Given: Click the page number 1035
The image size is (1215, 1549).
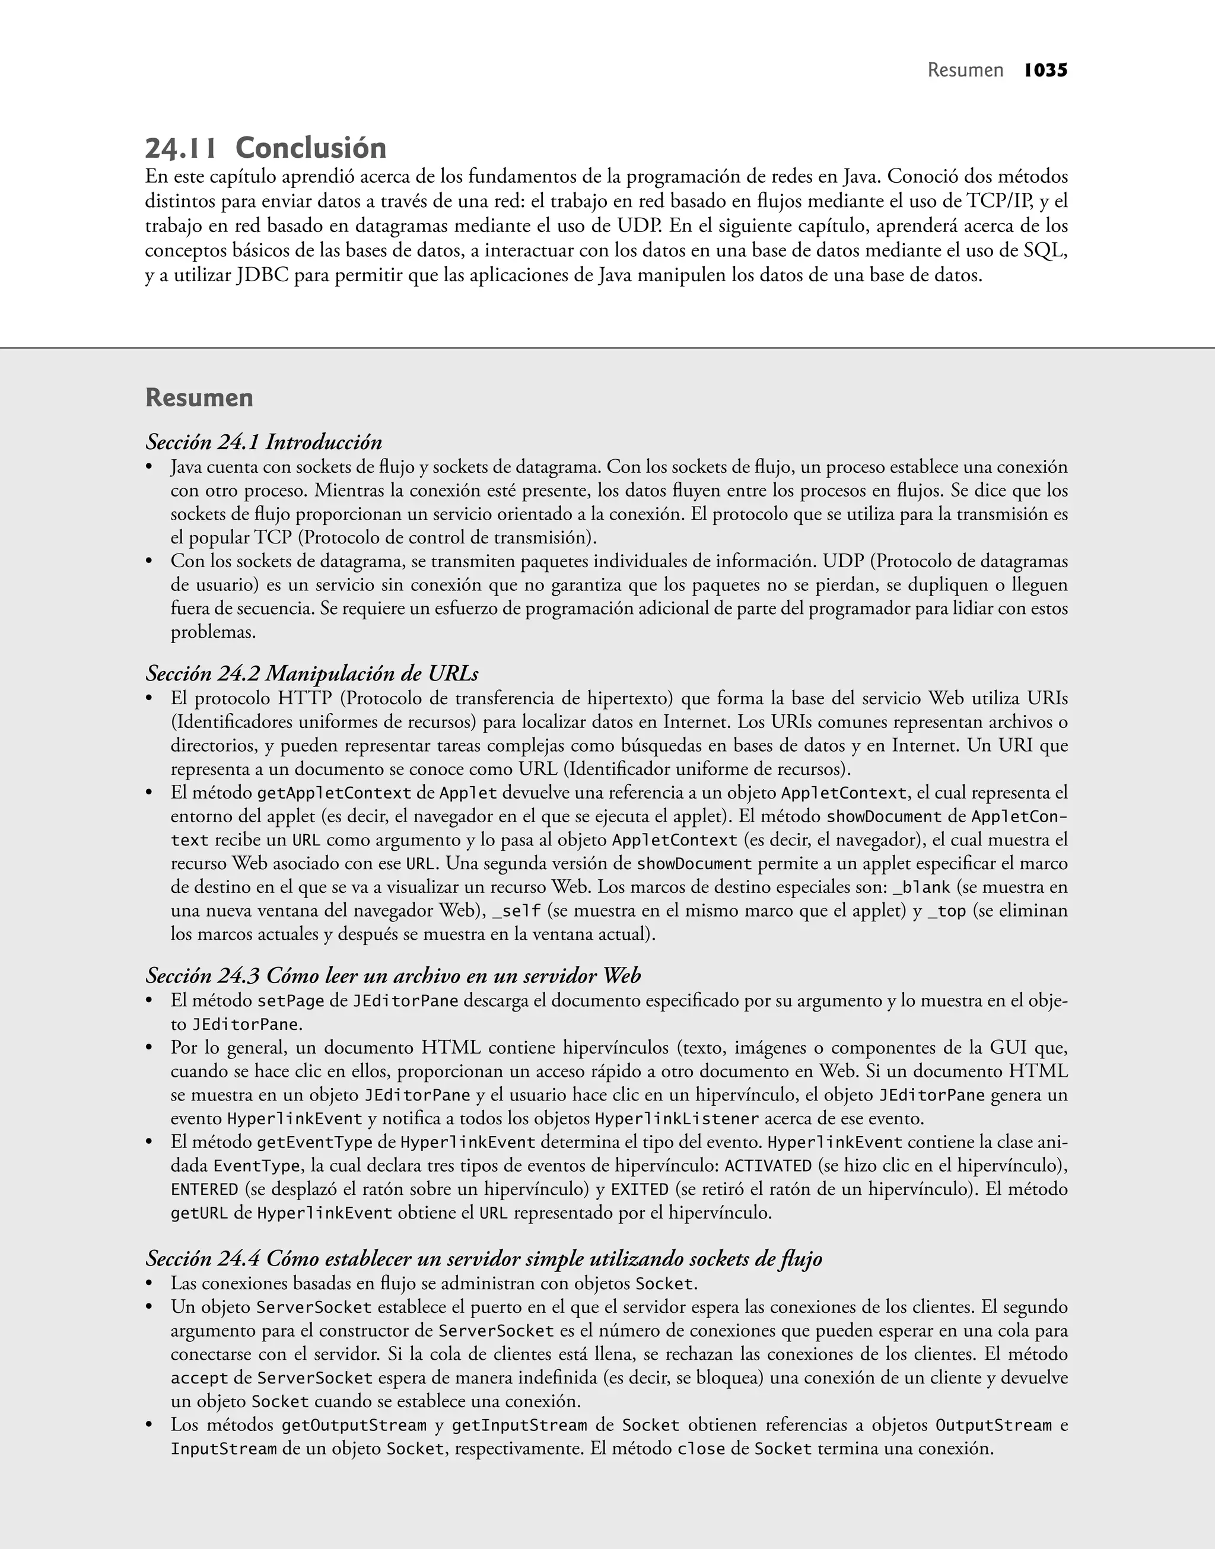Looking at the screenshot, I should (x=1046, y=71).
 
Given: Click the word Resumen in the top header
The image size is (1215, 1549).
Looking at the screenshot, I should (x=965, y=71).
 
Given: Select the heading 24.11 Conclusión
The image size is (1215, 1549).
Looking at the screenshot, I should (x=265, y=148).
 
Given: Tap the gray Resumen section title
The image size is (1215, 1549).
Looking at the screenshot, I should (x=199, y=397).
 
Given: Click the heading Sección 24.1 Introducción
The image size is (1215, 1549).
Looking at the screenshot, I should (x=264, y=443).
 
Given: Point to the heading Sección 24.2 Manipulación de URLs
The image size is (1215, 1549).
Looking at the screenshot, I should (x=311, y=673).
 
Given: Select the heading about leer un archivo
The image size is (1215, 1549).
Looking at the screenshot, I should (x=393, y=975).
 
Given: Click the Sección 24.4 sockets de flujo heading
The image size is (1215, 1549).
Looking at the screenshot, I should (x=484, y=1258).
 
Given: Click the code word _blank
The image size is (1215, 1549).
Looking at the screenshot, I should (x=921, y=888).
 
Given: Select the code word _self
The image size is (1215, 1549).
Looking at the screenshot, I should (x=517, y=911).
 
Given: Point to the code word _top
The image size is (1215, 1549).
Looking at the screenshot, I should (x=947, y=911).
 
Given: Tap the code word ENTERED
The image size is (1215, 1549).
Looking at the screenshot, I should (x=204, y=1189).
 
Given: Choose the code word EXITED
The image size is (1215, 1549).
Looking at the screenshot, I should (x=640, y=1189).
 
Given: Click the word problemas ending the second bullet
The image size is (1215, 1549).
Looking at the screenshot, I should (x=213, y=632).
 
